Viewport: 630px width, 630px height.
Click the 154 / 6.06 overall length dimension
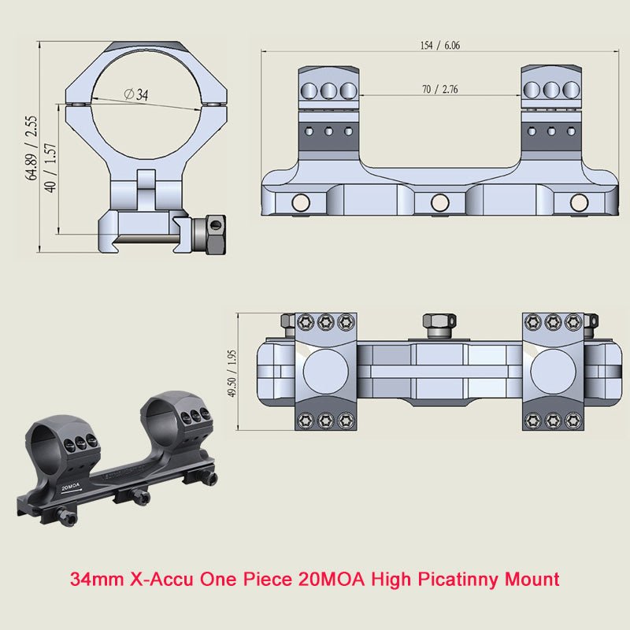(x=439, y=46)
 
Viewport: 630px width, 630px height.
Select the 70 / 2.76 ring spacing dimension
(x=439, y=90)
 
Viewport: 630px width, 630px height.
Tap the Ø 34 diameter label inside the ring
(x=136, y=94)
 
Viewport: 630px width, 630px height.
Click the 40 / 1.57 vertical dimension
(x=51, y=169)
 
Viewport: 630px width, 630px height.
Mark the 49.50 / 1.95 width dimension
(x=232, y=372)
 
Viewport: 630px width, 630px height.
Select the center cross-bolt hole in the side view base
(x=439, y=203)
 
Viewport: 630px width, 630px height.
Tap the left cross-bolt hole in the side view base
(x=300, y=203)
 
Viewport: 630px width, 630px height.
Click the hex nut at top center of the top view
(x=439, y=321)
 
